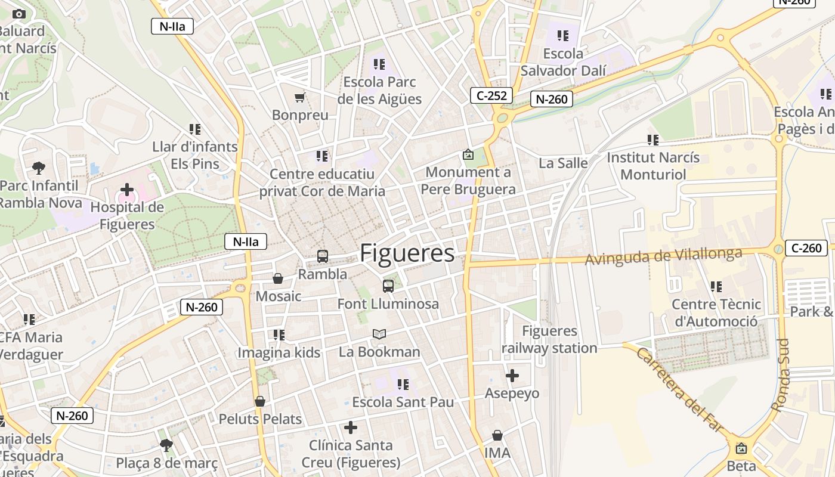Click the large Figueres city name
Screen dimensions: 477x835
click(407, 253)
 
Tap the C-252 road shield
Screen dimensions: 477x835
click(492, 95)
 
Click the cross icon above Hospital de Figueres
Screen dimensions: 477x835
click(127, 190)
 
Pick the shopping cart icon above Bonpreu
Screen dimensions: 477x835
click(300, 97)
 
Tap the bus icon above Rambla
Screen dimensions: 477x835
click(323, 256)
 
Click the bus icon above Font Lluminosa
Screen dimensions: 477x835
click(388, 286)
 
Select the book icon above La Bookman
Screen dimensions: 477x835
click(379, 334)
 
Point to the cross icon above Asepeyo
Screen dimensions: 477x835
click(512, 376)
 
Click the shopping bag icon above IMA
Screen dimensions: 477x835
click(497, 435)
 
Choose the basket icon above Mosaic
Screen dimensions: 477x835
click(278, 278)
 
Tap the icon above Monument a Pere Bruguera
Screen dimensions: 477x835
click(468, 155)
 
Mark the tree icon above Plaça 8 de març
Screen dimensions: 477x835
click(166, 445)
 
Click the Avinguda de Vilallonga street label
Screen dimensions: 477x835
click(663, 256)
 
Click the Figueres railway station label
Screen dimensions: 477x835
click(549, 339)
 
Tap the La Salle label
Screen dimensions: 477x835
click(563, 163)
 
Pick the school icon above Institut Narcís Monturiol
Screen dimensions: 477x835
click(653, 140)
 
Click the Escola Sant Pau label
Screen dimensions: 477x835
click(403, 402)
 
